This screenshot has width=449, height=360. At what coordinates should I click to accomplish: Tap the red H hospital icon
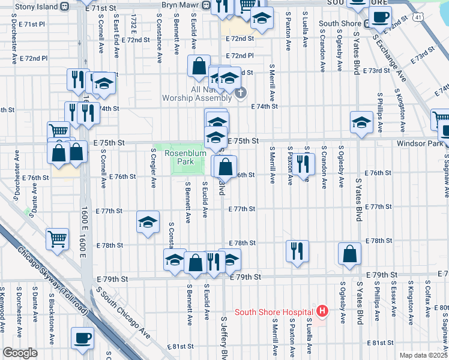(322, 311)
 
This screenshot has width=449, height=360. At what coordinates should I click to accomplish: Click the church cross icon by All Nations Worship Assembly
(240, 93)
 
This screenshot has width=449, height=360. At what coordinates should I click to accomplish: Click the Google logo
(20, 353)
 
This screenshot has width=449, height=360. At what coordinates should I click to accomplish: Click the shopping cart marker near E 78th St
(57, 239)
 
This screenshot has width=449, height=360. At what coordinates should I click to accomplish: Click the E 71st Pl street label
(32, 24)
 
